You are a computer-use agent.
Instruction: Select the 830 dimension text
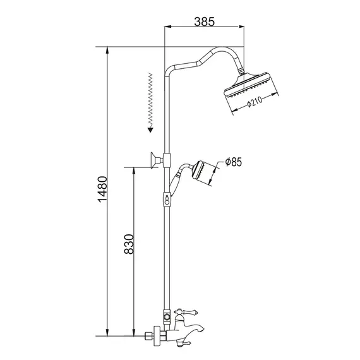coord(128,247)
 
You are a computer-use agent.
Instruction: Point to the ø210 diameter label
coord(256,105)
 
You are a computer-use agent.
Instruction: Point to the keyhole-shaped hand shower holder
coord(166,200)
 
